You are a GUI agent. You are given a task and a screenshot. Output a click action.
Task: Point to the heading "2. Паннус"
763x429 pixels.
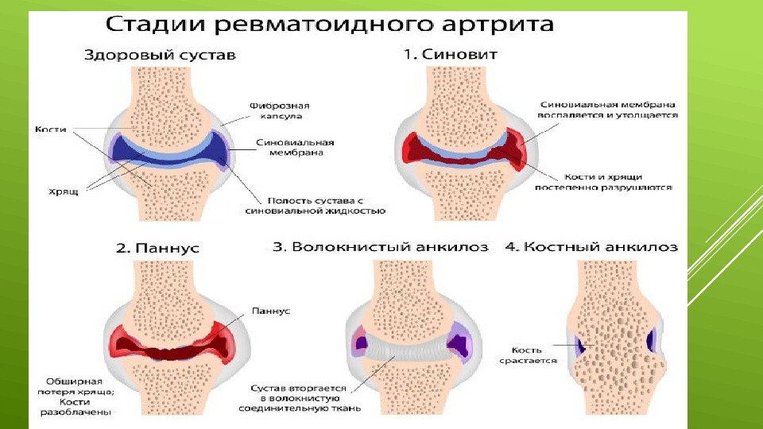[x=158, y=248]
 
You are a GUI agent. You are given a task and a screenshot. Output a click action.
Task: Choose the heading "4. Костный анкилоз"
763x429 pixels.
[x=592, y=247]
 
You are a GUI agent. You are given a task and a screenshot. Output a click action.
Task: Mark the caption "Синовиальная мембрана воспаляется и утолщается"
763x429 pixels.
[x=608, y=110]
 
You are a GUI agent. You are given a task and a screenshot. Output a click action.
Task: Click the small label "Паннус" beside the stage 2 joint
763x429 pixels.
[x=270, y=311]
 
